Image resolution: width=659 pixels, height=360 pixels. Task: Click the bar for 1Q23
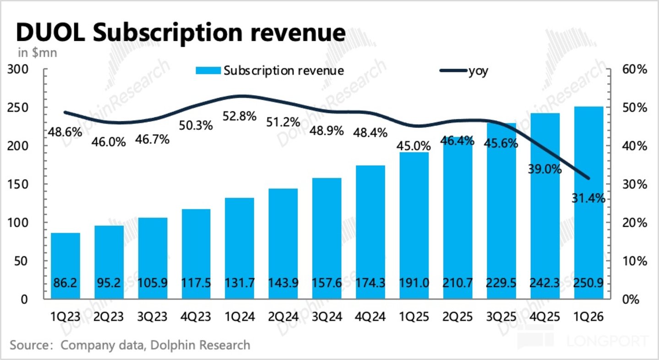coord(65,266)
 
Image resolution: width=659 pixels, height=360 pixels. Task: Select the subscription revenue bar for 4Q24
coord(370,232)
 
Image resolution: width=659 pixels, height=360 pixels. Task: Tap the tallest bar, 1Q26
coord(588,203)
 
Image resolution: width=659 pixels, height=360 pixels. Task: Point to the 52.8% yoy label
coord(239,116)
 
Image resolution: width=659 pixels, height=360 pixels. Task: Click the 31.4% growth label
coord(588,198)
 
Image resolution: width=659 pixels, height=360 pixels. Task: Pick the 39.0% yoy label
coord(545,169)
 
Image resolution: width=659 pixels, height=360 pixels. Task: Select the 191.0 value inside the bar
coord(414,283)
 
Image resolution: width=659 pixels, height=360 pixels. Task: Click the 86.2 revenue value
coord(65,283)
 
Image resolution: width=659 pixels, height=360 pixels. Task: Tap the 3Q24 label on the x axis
coord(327,317)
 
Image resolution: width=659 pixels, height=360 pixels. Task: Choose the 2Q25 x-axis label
coord(457,317)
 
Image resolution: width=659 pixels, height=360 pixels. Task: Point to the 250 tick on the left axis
coord(18,108)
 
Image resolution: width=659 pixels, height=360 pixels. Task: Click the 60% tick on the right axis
coord(635,70)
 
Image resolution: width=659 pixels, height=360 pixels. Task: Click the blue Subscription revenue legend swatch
coord(208,71)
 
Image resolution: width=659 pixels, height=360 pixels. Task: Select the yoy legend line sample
coord(453,71)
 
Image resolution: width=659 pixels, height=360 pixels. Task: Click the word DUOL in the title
coord(50,33)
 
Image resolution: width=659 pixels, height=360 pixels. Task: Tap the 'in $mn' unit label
coord(38,53)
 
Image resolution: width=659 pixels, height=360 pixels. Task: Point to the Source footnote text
coord(130,345)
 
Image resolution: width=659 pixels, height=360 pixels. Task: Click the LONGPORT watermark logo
coord(583,341)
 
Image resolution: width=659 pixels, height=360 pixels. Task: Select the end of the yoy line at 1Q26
coord(588,178)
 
